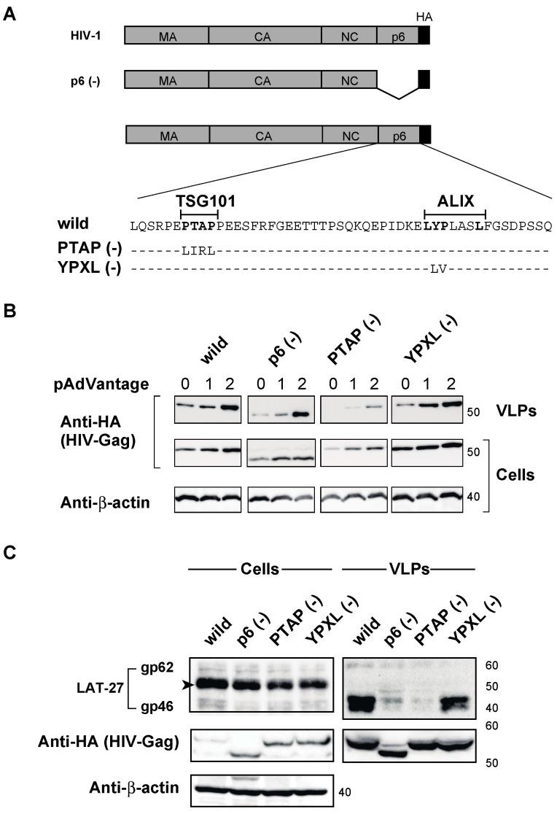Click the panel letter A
coord(10,15)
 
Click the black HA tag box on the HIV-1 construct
coord(424,36)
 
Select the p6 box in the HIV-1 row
coord(397,36)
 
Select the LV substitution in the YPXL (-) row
coord(437,268)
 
